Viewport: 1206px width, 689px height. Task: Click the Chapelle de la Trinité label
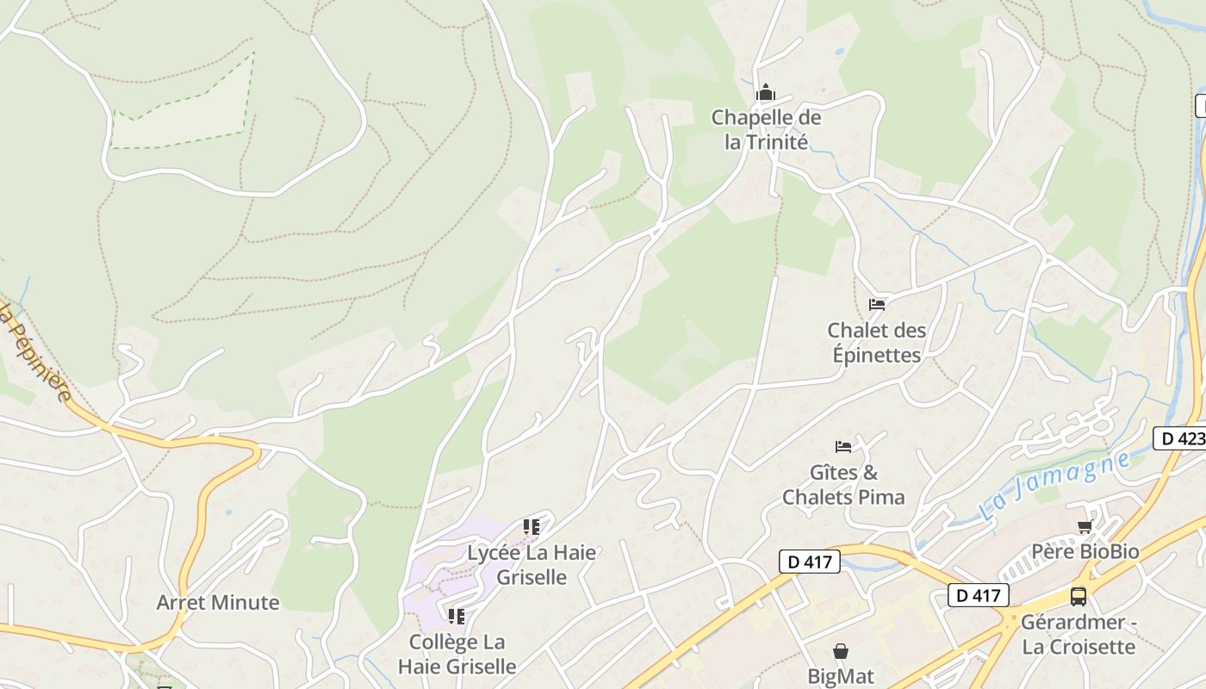[766, 130]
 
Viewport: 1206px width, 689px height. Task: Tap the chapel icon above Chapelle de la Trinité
[765, 93]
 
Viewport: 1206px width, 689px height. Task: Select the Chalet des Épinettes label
[877, 342]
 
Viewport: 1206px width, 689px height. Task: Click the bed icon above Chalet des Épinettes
[877, 304]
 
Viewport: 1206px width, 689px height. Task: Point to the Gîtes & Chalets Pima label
[843, 485]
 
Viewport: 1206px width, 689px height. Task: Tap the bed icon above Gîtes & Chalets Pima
[843, 446]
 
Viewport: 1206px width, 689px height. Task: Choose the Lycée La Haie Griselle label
[532, 564]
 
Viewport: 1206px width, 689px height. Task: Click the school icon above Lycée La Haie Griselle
[532, 526]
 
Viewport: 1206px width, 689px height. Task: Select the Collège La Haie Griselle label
[457, 654]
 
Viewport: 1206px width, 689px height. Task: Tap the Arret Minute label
[218, 602]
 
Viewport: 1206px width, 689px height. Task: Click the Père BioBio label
[1085, 551]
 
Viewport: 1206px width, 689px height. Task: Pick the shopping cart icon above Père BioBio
[1085, 526]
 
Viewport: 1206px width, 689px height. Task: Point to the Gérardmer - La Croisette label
[1079, 634]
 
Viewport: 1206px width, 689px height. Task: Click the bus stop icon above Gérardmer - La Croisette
[1079, 596]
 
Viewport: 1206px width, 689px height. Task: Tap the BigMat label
[841, 675]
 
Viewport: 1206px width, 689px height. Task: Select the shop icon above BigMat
[841, 651]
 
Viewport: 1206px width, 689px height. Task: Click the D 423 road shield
[1179, 438]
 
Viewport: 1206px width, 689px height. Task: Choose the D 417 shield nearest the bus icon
[979, 594]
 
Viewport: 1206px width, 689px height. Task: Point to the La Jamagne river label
[1054, 487]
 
